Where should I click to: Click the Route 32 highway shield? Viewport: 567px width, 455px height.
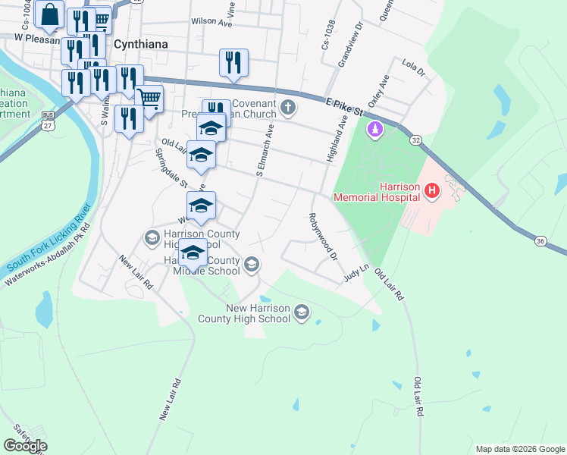[416, 140]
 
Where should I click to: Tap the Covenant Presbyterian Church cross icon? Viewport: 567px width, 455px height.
[287, 107]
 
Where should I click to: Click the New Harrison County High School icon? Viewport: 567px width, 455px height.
[302, 312]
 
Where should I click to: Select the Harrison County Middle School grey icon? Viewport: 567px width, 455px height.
[252, 264]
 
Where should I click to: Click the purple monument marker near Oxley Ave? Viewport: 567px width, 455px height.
[374, 130]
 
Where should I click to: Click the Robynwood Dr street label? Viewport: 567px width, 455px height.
[322, 237]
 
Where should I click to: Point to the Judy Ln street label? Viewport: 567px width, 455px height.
[356, 273]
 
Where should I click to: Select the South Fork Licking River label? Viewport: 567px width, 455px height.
[49, 238]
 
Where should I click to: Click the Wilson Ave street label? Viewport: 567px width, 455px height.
[211, 23]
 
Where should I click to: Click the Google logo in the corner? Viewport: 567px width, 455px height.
[25, 446]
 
